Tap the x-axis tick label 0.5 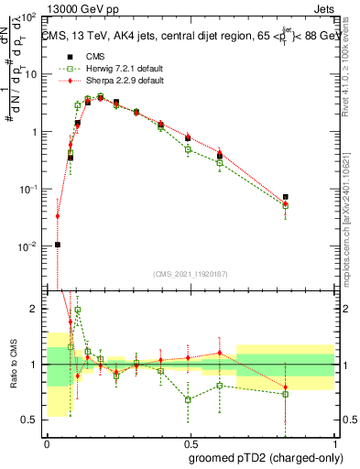(x=190, y=443)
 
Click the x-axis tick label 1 (x=334, y=443)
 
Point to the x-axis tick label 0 (x=47, y=443)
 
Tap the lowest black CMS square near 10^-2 (x=58, y=245)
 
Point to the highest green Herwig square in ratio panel (x=78, y=311)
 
